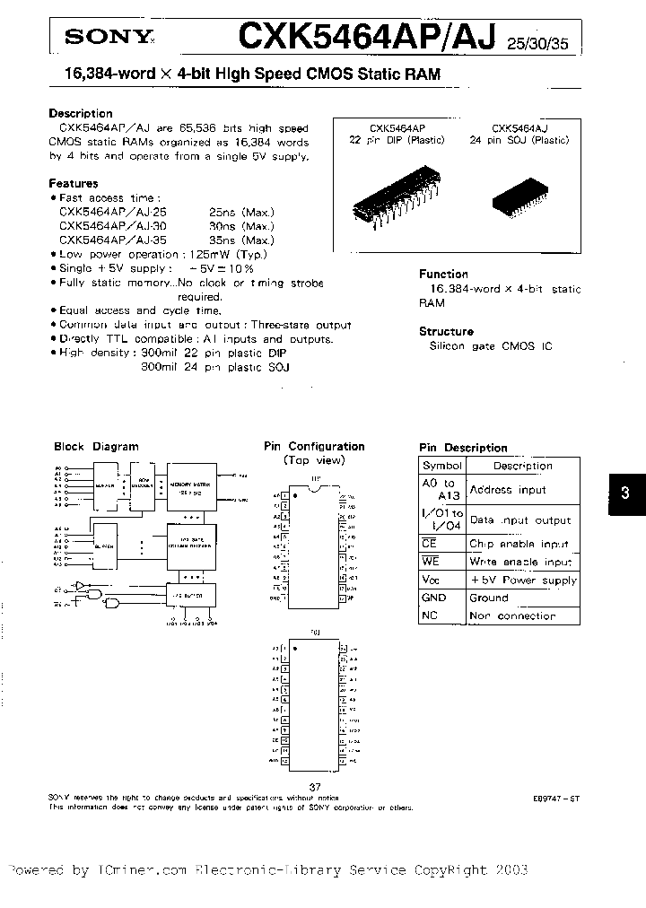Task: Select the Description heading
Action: tap(80, 114)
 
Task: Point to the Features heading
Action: tap(74, 183)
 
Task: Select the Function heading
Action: tap(444, 275)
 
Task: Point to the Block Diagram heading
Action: tap(96, 446)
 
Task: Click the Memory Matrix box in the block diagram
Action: tap(188, 485)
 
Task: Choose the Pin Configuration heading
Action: tap(314, 446)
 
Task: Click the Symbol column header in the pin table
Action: tap(442, 466)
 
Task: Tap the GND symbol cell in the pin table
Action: tap(434, 598)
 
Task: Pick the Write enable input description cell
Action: tap(520, 562)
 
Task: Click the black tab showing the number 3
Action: tap(626, 493)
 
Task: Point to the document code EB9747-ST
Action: tap(555, 797)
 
